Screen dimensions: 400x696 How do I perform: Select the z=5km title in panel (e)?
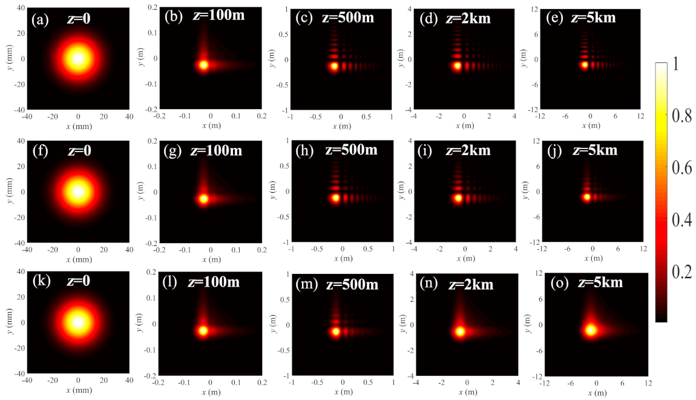[594, 18]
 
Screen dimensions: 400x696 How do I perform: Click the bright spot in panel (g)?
[203, 198]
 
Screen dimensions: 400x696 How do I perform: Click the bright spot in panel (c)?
[334, 67]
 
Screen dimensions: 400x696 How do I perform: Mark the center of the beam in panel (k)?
[77, 322]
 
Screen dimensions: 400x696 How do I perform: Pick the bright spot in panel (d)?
[458, 65]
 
